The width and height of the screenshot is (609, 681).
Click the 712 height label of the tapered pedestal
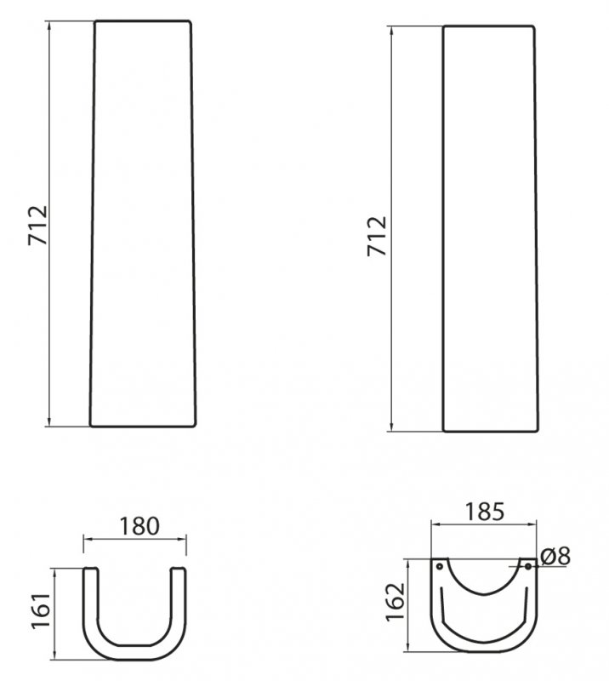pos(37,225)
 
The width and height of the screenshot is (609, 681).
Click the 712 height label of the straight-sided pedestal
pos(377,236)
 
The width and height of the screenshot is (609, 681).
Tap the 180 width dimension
pos(139,526)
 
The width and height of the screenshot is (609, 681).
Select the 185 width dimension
pos(485,512)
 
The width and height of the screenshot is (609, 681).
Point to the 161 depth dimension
pos(41,609)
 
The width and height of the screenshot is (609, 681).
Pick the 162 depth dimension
pos(396,603)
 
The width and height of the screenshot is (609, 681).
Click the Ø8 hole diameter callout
pos(556,557)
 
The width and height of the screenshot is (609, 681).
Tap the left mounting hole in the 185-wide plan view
pos(439,566)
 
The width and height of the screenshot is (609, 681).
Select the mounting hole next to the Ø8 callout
pos(528,566)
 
